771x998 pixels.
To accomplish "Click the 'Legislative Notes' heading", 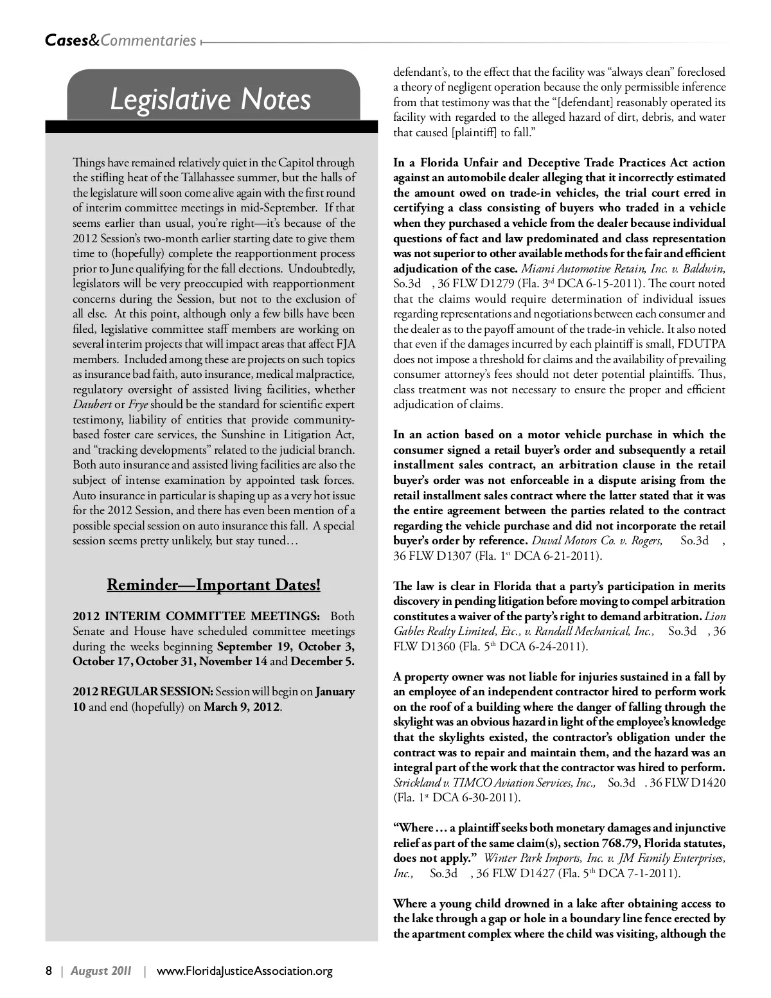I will (211, 100).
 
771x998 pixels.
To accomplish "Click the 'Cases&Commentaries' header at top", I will (121, 40).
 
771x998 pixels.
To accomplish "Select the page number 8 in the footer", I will (49, 970).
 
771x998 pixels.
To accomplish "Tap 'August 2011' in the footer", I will (102, 970).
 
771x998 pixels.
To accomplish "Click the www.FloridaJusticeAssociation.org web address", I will (245, 970).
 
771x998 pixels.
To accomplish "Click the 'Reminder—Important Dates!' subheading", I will (213, 585).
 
